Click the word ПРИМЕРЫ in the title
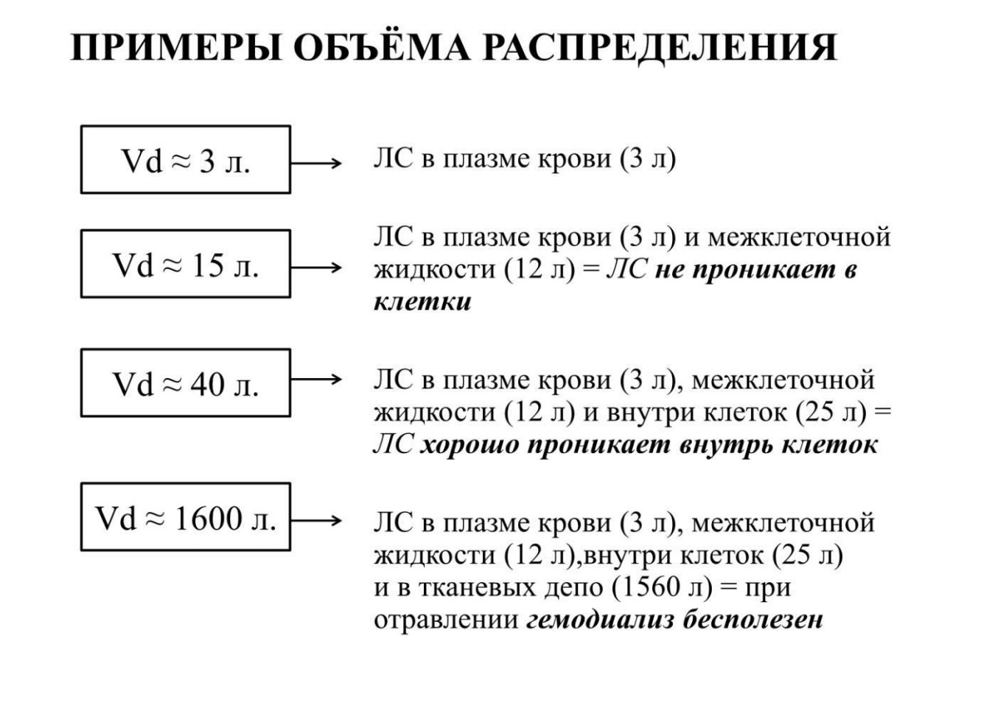tap(176, 47)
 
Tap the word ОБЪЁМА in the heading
tap(382, 46)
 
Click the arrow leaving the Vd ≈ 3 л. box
tap(316, 163)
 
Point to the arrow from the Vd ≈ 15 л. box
tap(316, 267)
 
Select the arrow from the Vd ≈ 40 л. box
tap(316, 379)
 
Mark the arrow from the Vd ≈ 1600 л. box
tap(316, 520)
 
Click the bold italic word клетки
tap(422, 302)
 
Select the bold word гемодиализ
tap(600, 620)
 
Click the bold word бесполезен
tap(753, 620)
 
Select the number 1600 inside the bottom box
tap(209, 518)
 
